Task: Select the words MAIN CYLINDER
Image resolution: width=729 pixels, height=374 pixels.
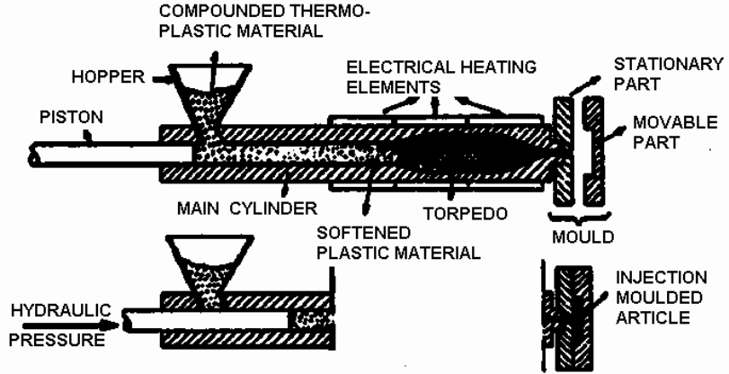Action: (x=248, y=208)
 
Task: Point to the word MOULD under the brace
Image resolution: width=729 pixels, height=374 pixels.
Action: (x=582, y=238)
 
